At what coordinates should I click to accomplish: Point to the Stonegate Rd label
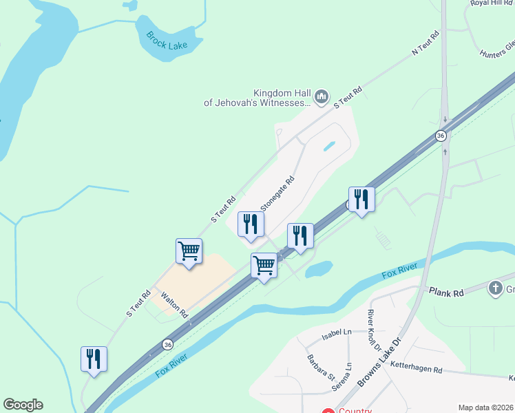[277, 194]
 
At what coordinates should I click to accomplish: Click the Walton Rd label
[175, 304]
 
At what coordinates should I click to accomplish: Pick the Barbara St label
[321, 368]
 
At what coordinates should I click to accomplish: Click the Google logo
[23, 405]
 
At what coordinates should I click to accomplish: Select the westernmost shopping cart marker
[189, 252]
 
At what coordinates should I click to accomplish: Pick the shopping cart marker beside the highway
[264, 265]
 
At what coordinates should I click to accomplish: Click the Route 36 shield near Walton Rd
[168, 343]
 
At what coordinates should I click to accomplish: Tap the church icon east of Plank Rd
[495, 288]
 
